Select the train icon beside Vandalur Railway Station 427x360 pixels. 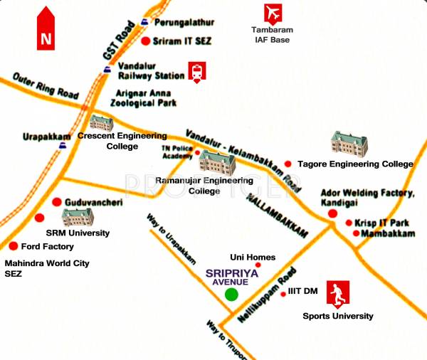[x=196, y=71]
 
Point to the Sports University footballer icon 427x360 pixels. [x=338, y=294]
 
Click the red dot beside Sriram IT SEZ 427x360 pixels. [x=146, y=42]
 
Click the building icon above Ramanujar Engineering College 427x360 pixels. [x=217, y=163]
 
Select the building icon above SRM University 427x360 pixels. [x=76, y=215]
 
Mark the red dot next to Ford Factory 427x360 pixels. [x=13, y=246]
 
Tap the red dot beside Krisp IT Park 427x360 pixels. [x=349, y=223]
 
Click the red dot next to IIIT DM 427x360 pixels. [x=283, y=292]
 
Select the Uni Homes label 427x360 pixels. [x=252, y=258]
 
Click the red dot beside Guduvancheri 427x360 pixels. [x=56, y=202]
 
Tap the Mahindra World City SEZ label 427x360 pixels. [x=47, y=268]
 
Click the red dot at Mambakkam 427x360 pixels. [x=357, y=233]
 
